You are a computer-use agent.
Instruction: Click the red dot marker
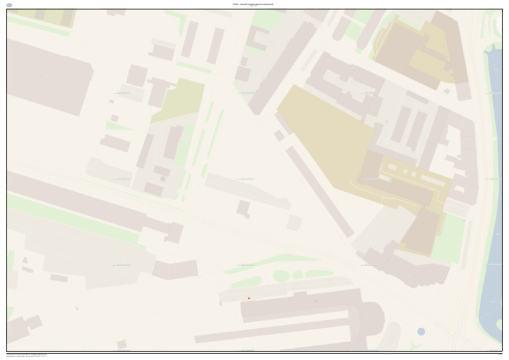249,298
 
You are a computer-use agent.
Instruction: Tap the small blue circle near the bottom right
421,331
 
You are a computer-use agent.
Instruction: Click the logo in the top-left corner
9,5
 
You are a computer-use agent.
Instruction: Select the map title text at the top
254,4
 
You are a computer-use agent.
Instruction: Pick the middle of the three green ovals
298,274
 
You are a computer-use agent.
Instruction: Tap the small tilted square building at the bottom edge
121,344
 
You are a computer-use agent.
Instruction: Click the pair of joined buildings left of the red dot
175,269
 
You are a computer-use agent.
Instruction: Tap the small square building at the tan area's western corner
279,135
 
